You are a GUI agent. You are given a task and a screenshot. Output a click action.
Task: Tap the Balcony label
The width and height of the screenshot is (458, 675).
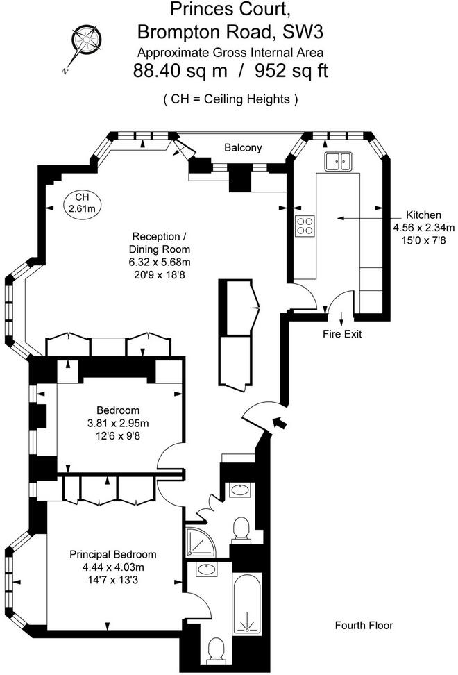pos(243,148)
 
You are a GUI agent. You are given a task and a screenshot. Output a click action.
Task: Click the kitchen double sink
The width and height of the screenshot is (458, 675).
pos(339,161)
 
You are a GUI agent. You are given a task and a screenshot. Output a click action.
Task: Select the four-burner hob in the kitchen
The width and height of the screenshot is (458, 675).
pos(305,226)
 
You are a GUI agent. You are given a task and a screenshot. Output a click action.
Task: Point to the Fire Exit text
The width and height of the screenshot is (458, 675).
pos(342,333)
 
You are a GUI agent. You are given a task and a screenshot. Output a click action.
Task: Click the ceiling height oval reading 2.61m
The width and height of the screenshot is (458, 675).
pos(82,203)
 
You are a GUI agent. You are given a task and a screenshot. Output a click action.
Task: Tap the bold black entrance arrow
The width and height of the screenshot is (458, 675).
pos(280,422)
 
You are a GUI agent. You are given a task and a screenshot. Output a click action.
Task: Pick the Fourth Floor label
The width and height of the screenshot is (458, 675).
pos(364,625)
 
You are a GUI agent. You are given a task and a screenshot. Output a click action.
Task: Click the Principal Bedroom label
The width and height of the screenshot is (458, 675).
pos(112,554)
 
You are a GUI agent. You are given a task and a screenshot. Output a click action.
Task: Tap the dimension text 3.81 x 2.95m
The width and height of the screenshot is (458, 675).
pos(118,423)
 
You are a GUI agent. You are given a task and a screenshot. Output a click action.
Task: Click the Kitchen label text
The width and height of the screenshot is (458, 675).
pos(423,215)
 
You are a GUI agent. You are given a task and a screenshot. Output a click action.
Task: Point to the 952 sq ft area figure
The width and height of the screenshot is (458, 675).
pos(291,70)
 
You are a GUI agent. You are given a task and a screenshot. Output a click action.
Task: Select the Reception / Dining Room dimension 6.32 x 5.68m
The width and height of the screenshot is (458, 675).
pos(160,262)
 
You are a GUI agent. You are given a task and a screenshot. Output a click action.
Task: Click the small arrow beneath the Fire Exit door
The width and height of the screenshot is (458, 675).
pos(342,319)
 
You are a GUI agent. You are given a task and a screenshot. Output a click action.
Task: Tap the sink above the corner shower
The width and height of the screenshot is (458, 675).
pos(239,490)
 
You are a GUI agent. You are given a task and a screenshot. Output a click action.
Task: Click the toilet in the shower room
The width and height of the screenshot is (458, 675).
pos(241,528)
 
